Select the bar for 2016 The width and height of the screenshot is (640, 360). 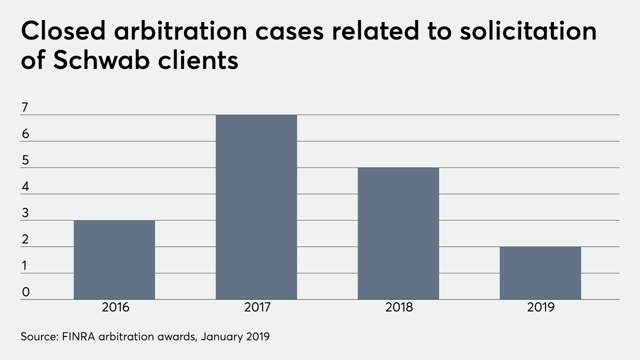[114, 260]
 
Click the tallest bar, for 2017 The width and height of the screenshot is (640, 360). [256, 207]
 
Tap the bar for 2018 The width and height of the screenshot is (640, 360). [398, 233]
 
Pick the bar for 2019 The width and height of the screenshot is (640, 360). [540, 273]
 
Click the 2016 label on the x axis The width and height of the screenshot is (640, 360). [115, 307]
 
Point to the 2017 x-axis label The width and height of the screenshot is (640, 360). [257, 307]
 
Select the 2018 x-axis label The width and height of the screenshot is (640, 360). [399, 307]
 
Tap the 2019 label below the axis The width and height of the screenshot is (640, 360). [541, 307]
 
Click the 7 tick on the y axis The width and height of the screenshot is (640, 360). [25, 107]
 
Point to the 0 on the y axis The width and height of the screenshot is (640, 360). [25, 292]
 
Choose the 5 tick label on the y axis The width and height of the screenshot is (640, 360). [25, 160]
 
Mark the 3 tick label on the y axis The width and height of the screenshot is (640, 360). [25, 213]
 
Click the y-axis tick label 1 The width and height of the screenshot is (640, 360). [25, 266]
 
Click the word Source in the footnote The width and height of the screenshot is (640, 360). [37, 336]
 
